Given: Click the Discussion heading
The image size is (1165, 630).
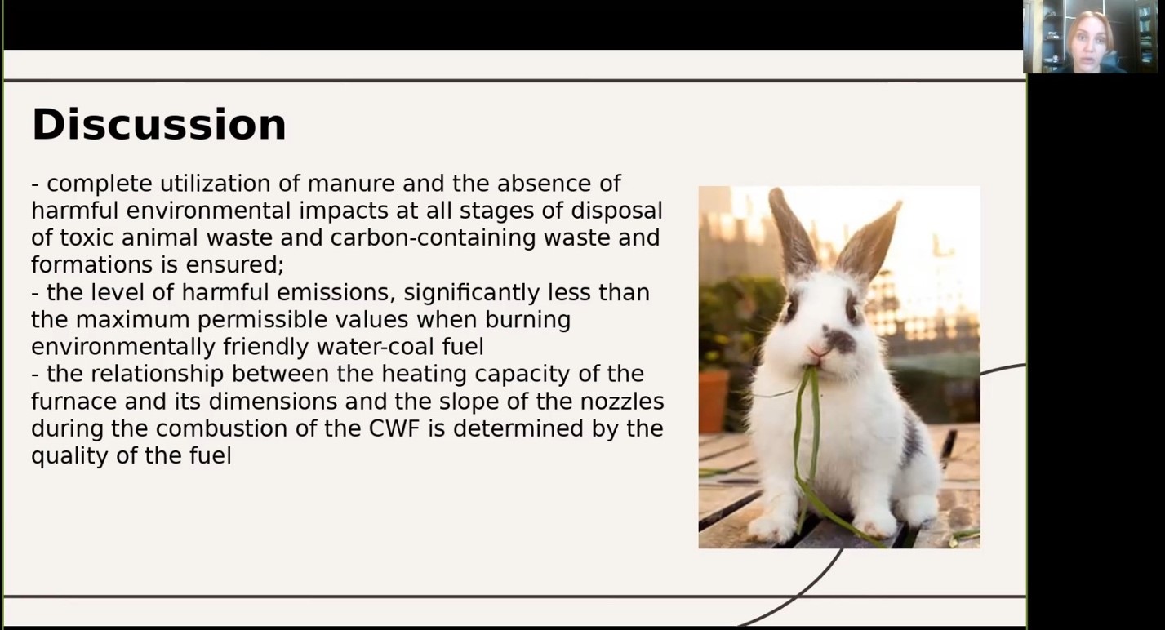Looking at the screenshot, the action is click(159, 124).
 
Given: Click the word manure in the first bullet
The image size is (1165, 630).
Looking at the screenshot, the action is click(351, 184).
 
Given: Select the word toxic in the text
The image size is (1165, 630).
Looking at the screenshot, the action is click(87, 237).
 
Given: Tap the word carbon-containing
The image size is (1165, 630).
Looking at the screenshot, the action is click(433, 238).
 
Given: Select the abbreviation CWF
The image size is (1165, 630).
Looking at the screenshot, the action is click(394, 428).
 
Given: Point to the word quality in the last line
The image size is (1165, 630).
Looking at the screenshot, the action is click(69, 456).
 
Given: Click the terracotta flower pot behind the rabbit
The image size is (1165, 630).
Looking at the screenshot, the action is click(713, 400).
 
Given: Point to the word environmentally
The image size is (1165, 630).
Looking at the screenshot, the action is click(123, 347).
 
